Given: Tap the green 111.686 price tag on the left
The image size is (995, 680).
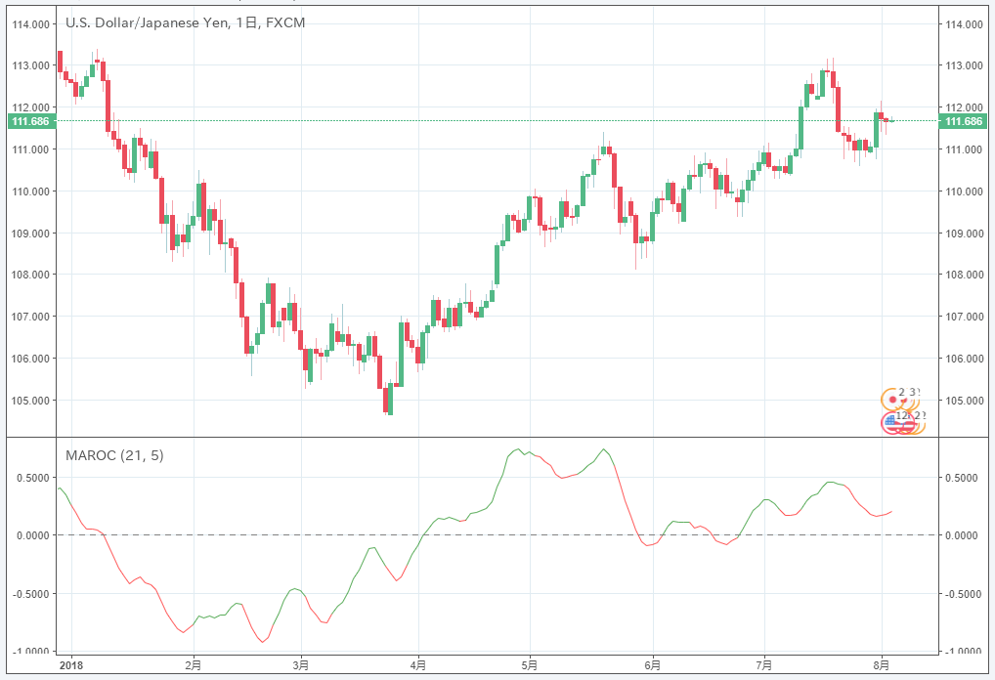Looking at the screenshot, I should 30,121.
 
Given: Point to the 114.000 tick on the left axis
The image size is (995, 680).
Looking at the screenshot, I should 31,24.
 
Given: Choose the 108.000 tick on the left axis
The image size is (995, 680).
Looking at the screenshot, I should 31,275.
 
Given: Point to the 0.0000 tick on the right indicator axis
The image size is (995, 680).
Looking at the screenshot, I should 964,535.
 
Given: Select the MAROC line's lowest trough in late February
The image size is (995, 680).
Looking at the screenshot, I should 262,642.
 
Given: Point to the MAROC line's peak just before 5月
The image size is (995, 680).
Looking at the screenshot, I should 518,449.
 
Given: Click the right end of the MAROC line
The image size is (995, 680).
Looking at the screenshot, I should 891,511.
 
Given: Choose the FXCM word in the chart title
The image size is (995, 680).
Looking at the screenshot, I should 284,21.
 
